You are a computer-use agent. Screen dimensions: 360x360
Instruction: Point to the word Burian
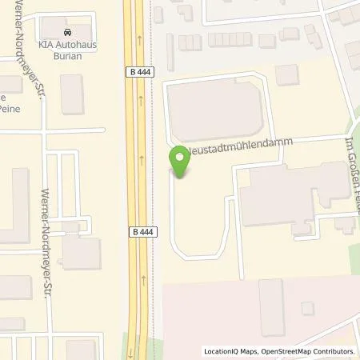pyautogui.click(x=66, y=56)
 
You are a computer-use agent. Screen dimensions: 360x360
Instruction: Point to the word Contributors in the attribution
pyautogui.click(x=331, y=351)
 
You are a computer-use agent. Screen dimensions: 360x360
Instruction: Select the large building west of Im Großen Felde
pyautogui.click(x=288, y=196)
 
